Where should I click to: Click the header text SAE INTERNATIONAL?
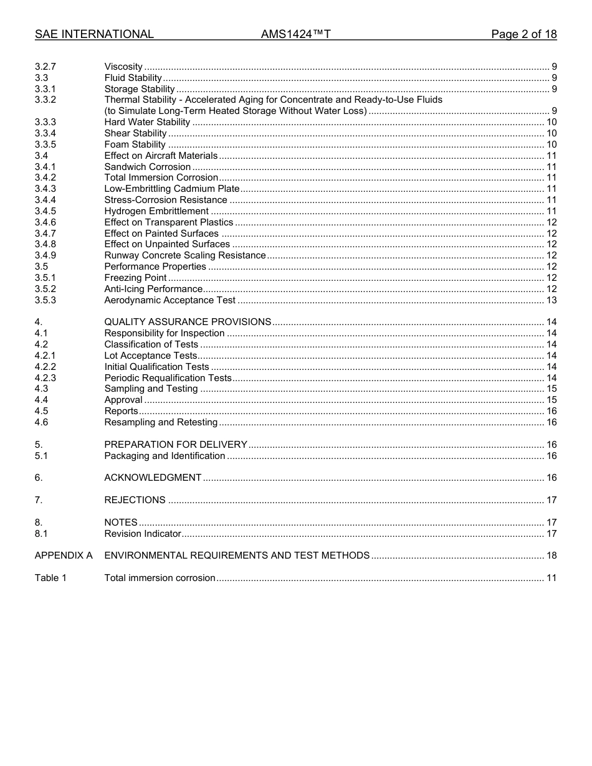[x=94, y=34]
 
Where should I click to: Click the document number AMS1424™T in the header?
[x=295, y=34]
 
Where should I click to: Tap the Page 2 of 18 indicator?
[x=523, y=34]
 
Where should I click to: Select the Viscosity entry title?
[x=123, y=67]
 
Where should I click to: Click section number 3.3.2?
[x=45, y=100]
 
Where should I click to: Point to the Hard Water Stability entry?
[x=147, y=122]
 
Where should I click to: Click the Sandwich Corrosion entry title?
[x=148, y=167]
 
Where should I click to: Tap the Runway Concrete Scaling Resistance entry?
[x=185, y=255]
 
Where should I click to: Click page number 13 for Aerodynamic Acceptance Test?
[x=551, y=300]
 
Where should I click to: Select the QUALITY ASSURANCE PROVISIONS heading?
[x=188, y=322]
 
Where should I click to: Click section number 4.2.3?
[x=45, y=378]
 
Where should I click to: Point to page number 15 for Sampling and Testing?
[x=551, y=389]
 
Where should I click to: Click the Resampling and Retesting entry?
[x=161, y=422]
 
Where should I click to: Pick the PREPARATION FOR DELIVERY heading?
[x=176, y=445]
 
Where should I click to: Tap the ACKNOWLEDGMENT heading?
[x=153, y=478]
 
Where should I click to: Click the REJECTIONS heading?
[x=135, y=500]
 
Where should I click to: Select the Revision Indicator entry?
[x=143, y=534]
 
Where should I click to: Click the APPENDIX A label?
[x=64, y=556]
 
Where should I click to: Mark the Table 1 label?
[x=50, y=578]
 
